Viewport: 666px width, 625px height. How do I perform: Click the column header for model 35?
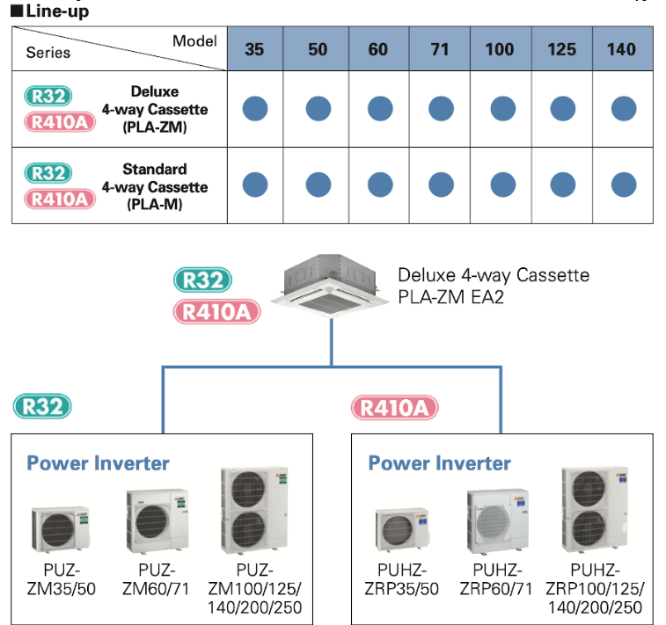[254, 49]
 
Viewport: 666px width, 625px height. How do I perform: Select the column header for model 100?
[499, 49]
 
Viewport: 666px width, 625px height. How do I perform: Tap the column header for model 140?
[621, 49]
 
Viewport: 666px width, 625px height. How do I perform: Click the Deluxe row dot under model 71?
[441, 109]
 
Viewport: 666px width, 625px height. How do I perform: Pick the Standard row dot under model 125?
[562, 185]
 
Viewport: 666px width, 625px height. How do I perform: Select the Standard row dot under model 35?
[254, 185]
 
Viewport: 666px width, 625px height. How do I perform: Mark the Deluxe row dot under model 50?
[318, 109]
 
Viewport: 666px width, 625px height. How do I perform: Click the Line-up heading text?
[56, 11]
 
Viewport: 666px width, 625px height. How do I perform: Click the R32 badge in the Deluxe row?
[49, 96]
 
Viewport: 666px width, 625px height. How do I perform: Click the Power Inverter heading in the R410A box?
[439, 463]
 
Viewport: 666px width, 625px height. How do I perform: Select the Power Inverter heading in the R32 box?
[98, 463]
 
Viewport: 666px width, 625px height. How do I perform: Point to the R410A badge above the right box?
[395, 408]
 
